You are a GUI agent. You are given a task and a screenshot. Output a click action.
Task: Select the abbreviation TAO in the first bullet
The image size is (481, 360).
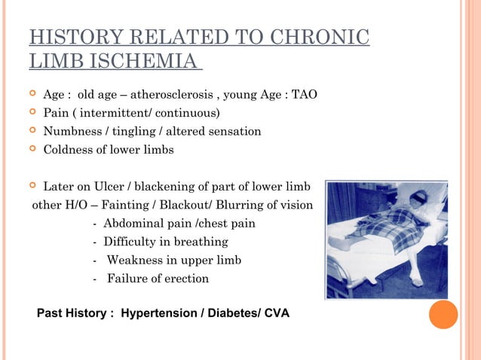coord(305,95)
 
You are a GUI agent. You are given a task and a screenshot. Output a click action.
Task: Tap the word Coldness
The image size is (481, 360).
coord(69,149)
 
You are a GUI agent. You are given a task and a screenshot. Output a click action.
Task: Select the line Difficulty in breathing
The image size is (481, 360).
coord(165,242)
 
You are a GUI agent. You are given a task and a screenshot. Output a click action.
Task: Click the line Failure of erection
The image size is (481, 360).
coord(158,278)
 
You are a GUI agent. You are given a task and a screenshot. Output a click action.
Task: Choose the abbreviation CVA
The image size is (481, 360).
coord(276,312)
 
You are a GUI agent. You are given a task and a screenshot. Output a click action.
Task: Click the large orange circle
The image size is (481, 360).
coord(443,314)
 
